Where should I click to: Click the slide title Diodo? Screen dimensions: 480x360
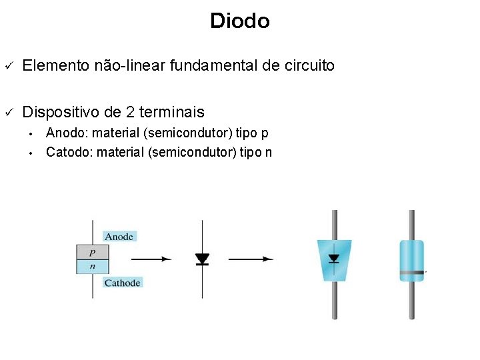click(x=239, y=21)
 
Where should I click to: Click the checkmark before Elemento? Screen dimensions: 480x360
click(x=9, y=66)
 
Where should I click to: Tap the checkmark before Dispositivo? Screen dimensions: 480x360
click(x=9, y=112)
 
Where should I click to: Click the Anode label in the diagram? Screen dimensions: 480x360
click(x=119, y=236)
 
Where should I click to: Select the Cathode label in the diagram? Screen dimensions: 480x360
click(x=122, y=283)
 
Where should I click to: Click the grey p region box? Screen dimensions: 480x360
click(x=92, y=253)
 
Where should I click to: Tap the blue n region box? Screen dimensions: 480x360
click(x=92, y=266)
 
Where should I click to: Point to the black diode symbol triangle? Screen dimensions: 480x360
click(x=203, y=258)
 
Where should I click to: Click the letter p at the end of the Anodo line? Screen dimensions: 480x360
click(x=265, y=133)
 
